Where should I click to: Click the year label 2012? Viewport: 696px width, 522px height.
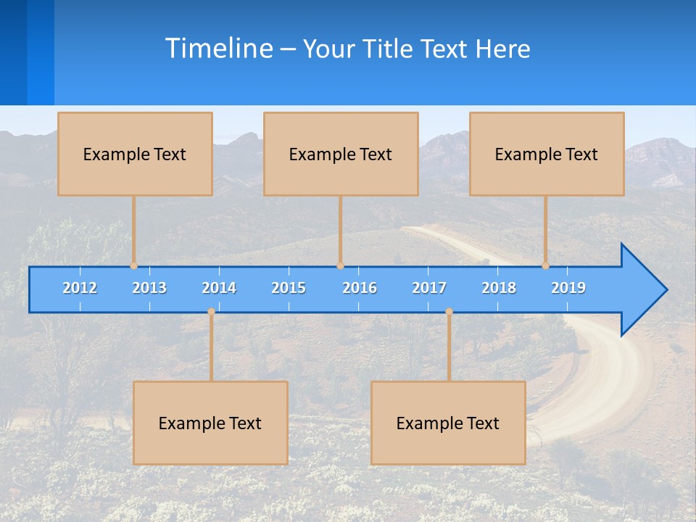click(80, 288)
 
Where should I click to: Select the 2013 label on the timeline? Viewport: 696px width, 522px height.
click(149, 288)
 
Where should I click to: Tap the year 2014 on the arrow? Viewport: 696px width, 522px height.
click(219, 288)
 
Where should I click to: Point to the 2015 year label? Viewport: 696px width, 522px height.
click(289, 288)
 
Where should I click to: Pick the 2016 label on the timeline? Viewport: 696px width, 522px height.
click(360, 288)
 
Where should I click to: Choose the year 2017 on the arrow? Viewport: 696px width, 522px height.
click(429, 288)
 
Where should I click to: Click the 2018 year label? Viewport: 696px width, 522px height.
click(499, 288)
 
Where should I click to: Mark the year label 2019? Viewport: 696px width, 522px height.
click(568, 288)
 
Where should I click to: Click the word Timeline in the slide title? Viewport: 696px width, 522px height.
click(218, 48)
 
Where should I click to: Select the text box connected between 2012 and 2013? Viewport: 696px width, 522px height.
click(135, 154)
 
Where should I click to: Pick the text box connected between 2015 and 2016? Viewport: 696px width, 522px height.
click(341, 154)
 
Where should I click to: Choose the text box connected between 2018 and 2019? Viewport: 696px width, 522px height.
click(547, 154)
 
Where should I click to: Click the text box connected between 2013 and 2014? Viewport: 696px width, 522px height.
click(210, 423)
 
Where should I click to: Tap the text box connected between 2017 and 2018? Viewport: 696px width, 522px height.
click(448, 423)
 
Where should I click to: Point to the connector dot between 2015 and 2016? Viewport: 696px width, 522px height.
click(340, 265)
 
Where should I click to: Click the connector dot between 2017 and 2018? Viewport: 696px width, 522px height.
click(449, 312)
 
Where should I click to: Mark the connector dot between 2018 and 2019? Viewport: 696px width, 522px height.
click(545, 265)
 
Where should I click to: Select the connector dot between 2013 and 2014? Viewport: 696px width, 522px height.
click(211, 312)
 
